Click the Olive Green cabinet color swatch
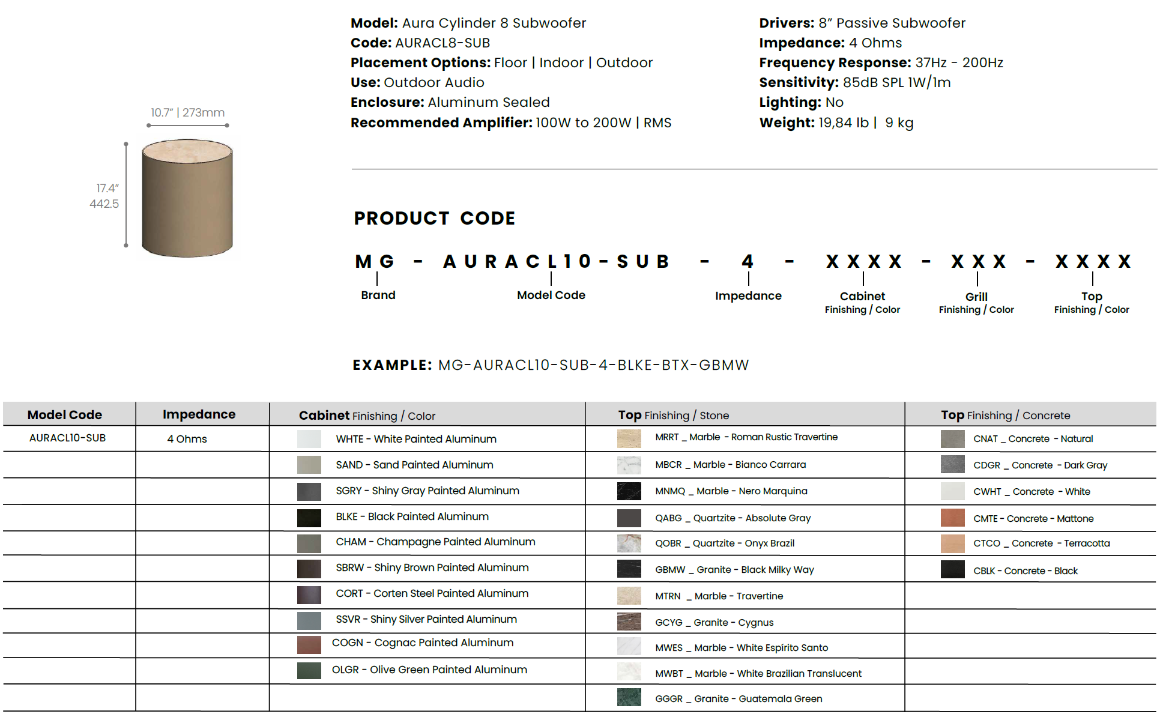pyautogui.click(x=309, y=670)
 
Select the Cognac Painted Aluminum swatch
pyautogui.click(x=309, y=644)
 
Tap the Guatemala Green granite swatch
pyautogui.click(x=629, y=698)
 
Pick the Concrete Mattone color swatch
pyautogui.click(x=952, y=518)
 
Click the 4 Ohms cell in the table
pyautogui.click(x=187, y=439)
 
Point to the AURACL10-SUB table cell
pyautogui.click(x=67, y=438)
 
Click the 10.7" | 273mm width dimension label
pyautogui.click(x=187, y=112)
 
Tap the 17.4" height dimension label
pyautogui.click(x=107, y=189)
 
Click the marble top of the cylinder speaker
pyautogui.click(x=187, y=150)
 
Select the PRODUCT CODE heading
pyautogui.click(x=434, y=218)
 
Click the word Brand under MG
pyautogui.click(x=378, y=295)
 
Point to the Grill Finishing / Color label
pyautogui.click(x=976, y=303)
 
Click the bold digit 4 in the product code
pyautogui.click(x=748, y=261)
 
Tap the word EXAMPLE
pyautogui.click(x=391, y=365)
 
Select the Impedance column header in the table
pyautogui.click(x=199, y=414)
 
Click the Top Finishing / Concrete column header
pyautogui.click(x=1005, y=415)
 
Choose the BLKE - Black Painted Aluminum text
pyautogui.click(x=412, y=516)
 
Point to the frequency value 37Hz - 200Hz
pyautogui.click(x=959, y=62)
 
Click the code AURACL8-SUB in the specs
pyautogui.click(x=442, y=43)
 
